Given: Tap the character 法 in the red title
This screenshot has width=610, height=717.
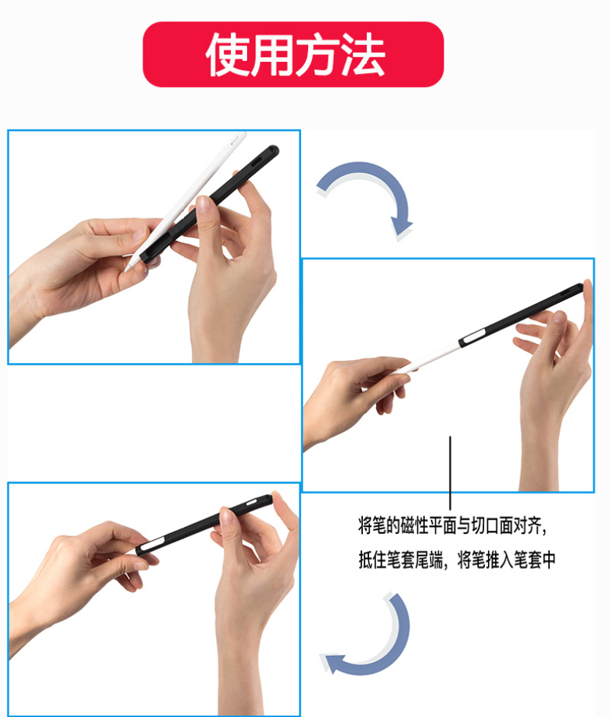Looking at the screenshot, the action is point(363,54).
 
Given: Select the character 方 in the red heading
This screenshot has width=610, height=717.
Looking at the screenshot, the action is point(317,54).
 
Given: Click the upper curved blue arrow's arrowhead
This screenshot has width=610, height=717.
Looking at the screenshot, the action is point(401,229).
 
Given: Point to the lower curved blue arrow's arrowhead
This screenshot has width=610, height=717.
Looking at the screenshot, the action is point(332,663).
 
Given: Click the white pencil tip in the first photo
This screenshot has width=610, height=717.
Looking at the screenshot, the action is point(128,268).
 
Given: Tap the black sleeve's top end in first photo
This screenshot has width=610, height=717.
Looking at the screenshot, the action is point(272,151).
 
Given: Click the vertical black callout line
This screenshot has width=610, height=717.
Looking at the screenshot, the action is point(450,473).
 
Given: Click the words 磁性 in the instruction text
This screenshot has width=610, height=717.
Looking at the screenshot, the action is point(415,526).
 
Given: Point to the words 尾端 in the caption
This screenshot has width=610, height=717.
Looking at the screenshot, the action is point(429,560).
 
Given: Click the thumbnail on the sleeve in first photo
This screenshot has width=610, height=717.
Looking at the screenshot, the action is point(204,204).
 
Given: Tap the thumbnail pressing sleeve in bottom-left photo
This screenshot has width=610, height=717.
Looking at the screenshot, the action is point(226,516).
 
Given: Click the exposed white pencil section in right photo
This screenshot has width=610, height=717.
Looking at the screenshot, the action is point(430,358).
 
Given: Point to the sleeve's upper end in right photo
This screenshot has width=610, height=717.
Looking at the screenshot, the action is point(579,287).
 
